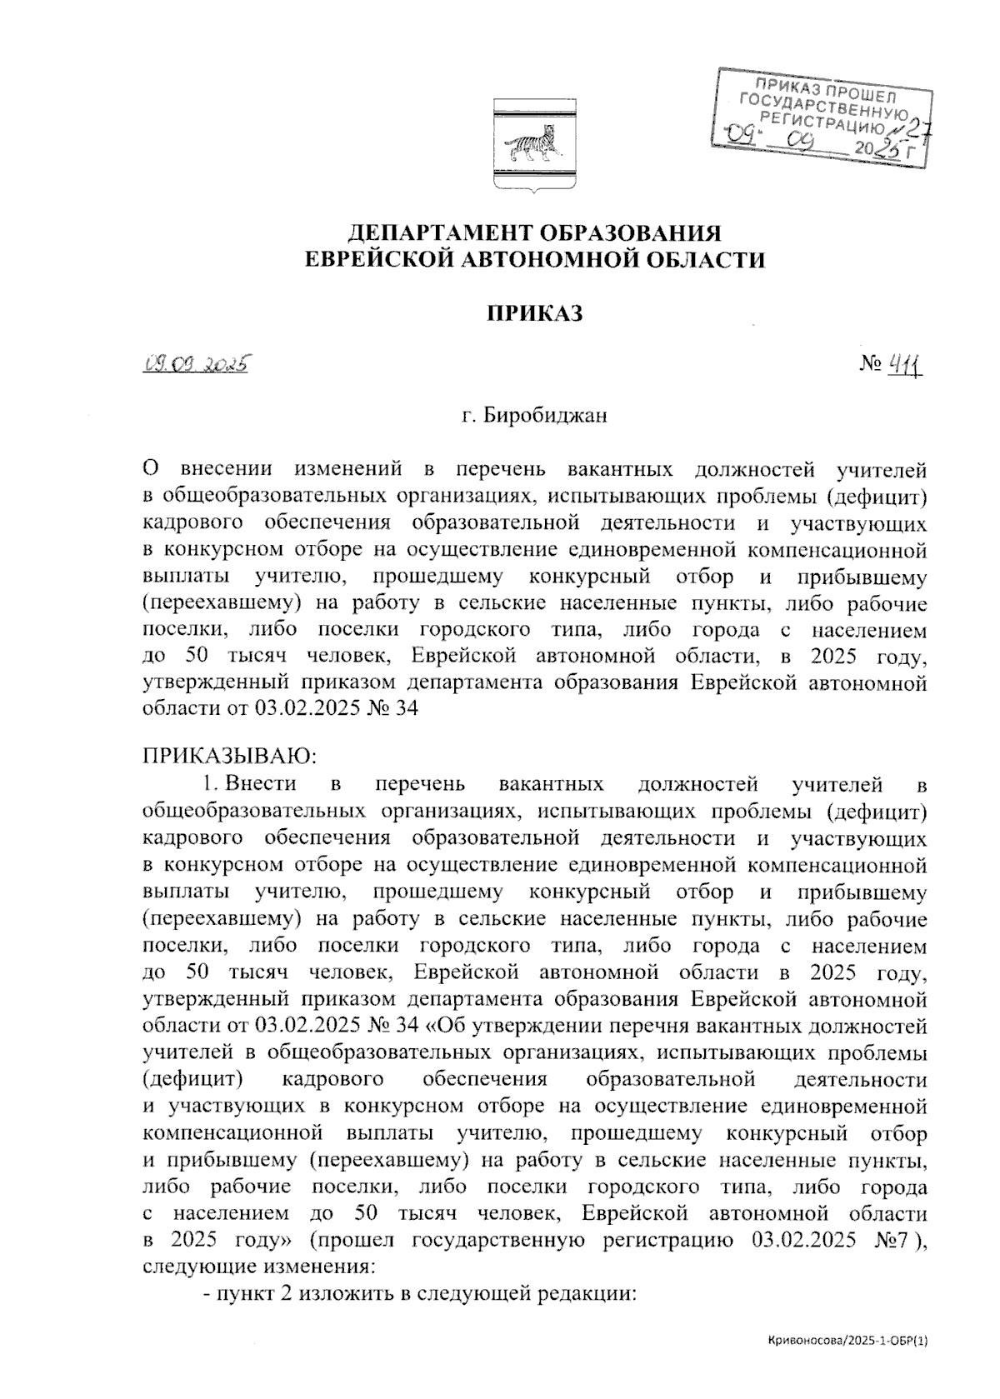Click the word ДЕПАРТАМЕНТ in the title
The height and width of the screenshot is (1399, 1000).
(x=434, y=232)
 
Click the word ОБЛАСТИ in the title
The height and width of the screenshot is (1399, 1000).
(x=705, y=260)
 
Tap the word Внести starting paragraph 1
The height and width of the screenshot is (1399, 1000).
(x=261, y=784)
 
